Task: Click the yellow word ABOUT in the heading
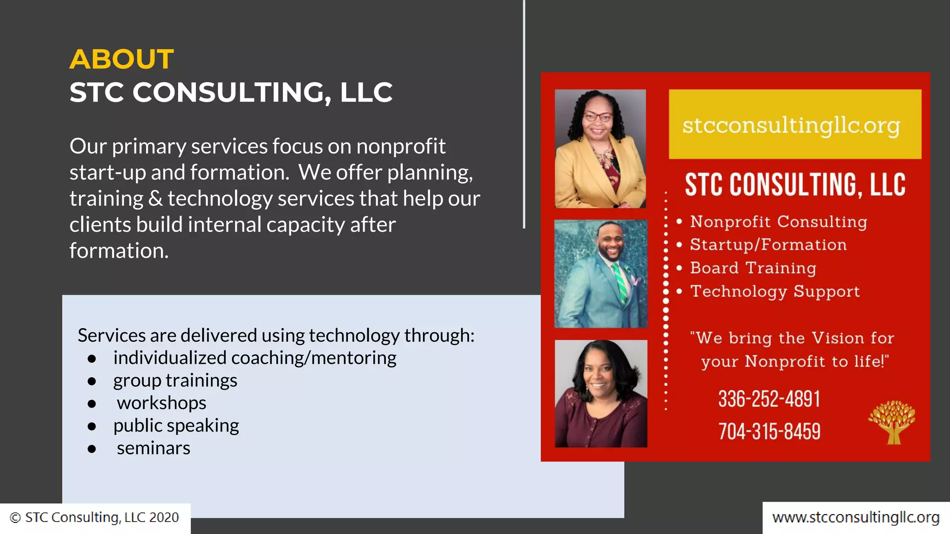122,59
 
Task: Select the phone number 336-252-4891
769,399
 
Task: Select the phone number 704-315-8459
769,432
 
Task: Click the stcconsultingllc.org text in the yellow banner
791,125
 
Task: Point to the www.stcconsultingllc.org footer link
856,517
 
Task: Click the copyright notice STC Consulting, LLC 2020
95,517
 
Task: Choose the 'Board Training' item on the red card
753,268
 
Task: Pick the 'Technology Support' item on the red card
775,291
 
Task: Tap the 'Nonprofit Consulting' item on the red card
778,222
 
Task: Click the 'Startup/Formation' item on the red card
768,245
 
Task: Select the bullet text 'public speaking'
176,426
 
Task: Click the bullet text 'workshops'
161,403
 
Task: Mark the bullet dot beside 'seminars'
92,449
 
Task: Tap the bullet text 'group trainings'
175,381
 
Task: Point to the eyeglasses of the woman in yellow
598,116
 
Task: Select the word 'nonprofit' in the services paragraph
401,146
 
